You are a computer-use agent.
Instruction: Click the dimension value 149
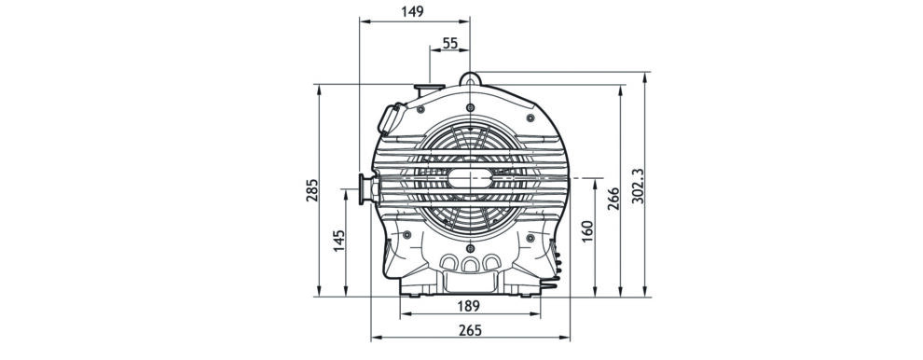tap(412, 11)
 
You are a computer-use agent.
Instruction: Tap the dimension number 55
tap(449, 42)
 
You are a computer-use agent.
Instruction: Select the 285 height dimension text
tap(311, 190)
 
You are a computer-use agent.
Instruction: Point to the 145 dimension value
tap(339, 241)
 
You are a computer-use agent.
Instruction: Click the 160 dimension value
tap(586, 231)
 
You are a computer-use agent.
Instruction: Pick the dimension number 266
tap(613, 200)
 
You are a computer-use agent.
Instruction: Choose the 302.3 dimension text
tap(638, 187)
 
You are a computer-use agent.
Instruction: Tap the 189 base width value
tap(470, 307)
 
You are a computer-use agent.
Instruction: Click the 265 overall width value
tap(470, 330)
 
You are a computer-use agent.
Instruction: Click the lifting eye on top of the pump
tap(470, 78)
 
